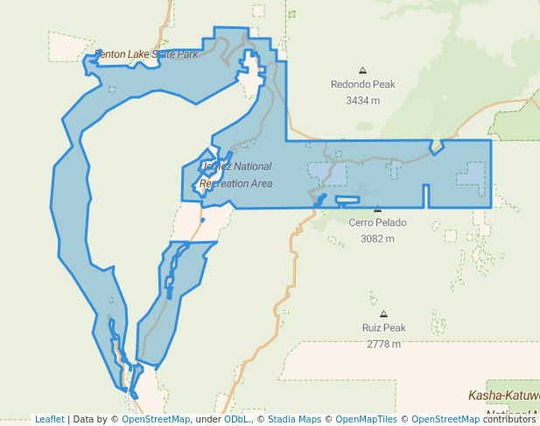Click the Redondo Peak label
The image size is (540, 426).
[x=362, y=85]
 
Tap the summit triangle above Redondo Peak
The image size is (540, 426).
[x=362, y=70]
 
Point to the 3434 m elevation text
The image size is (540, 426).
[x=362, y=100]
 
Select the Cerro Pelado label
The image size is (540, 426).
[x=377, y=223]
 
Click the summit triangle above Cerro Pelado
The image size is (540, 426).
[x=377, y=209]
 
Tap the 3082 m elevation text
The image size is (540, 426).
[x=377, y=238]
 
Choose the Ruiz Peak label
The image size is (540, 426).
[x=383, y=328]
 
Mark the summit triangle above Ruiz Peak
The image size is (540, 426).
[x=383, y=314]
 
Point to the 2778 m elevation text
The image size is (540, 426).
[x=383, y=344]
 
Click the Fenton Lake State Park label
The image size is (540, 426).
[x=146, y=54]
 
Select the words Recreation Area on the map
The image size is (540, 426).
[x=235, y=184]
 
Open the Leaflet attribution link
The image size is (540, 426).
[x=50, y=419]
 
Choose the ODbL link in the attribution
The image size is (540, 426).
[x=236, y=419]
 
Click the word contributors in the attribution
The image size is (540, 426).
[x=508, y=419]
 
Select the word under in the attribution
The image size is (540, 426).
[x=207, y=419]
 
